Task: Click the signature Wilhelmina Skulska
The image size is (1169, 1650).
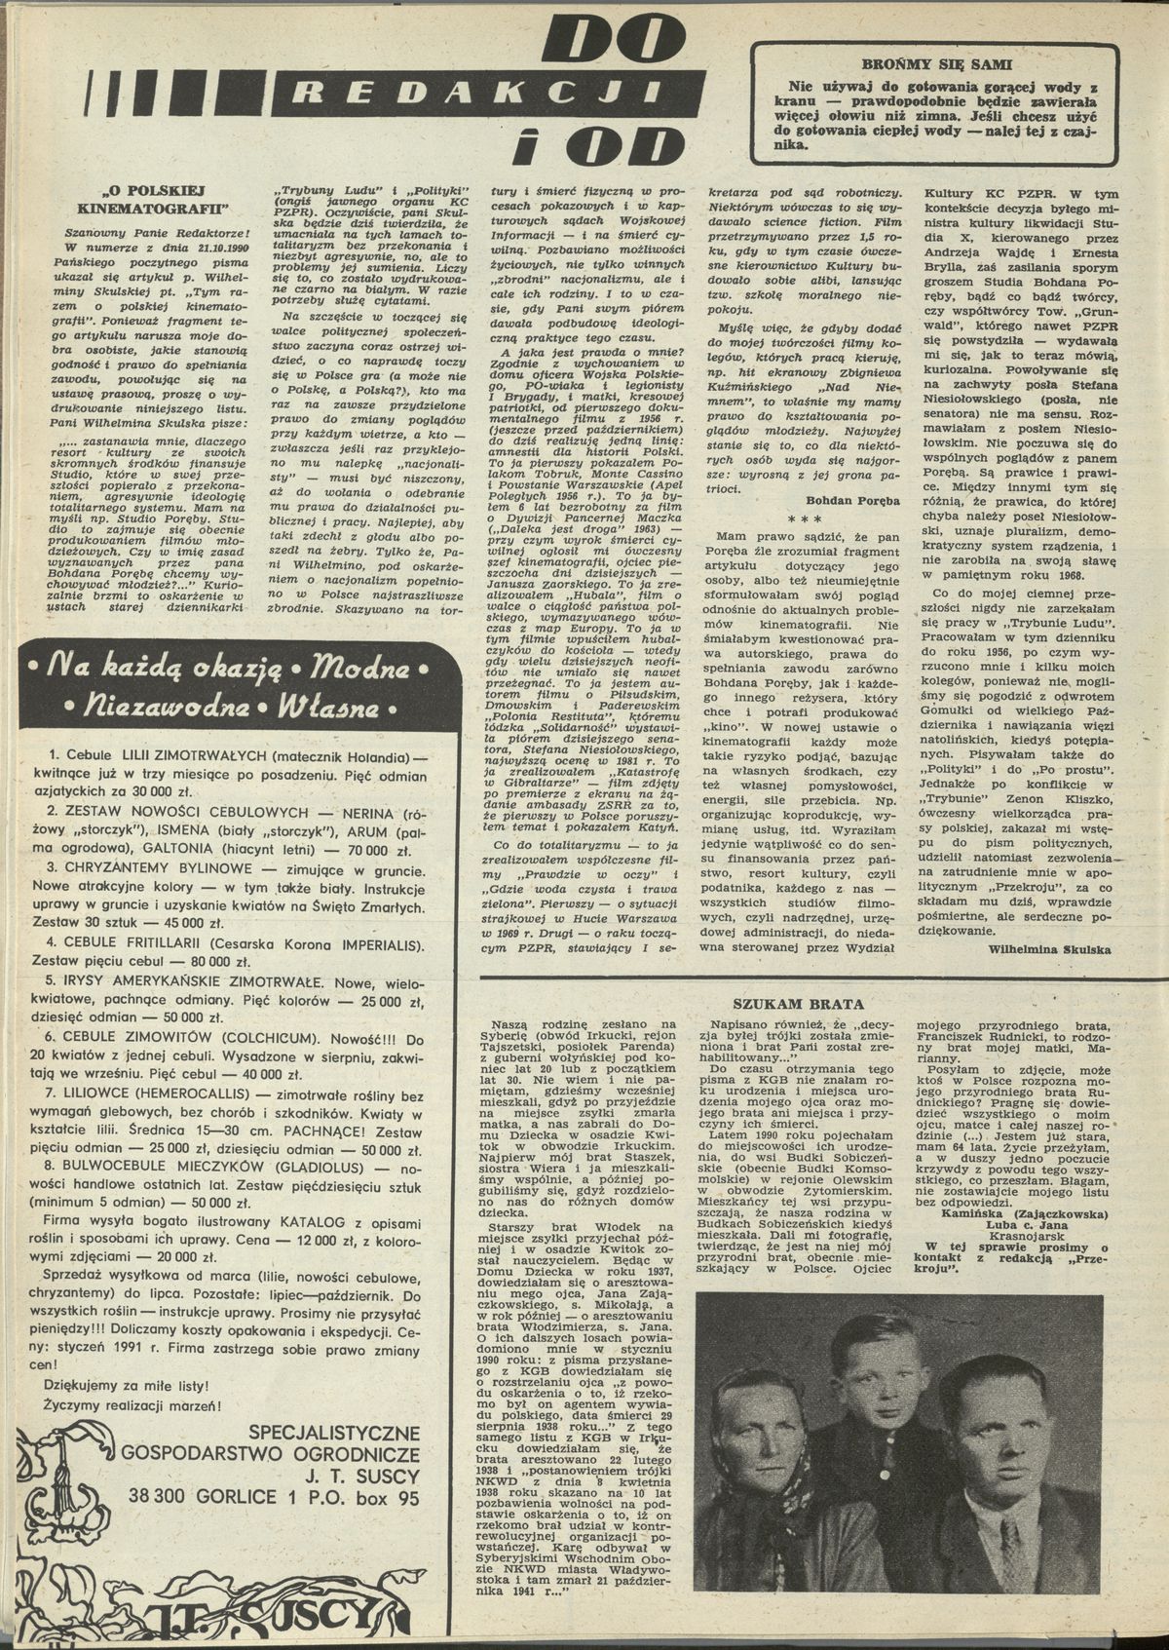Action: (1047, 947)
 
